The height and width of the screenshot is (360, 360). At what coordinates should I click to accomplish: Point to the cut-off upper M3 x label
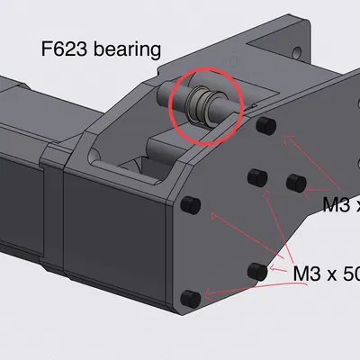tap(340, 205)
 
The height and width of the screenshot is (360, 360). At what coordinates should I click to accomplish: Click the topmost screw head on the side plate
tap(265, 125)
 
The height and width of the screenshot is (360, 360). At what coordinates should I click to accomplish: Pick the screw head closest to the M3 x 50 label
tap(257, 270)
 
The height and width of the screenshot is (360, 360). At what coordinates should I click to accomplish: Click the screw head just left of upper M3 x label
tap(292, 182)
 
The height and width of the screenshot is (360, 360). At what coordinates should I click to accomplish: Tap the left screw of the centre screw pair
tap(255, 175)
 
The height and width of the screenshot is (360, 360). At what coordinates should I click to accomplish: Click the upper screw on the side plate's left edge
tap(190, 205)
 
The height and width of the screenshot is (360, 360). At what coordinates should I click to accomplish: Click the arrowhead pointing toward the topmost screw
tap(287, 138)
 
